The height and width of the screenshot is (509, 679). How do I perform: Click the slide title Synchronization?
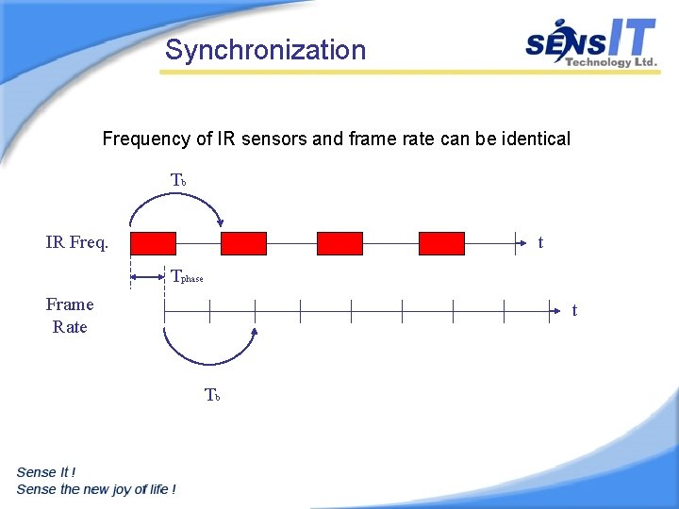(x=265, y=50)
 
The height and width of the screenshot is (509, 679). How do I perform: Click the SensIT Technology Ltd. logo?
(x=590, y=43)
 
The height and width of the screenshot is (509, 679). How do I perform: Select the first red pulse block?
(x=153, y=243)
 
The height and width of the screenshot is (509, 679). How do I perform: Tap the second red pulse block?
(x=243, y=243)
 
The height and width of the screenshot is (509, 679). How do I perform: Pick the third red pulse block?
(x=339, y=243)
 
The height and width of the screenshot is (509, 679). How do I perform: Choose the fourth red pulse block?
(x=441, y=243)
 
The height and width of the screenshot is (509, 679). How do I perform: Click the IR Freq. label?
(x=77, y=243)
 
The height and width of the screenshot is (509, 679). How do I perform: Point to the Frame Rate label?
(x=70, y=316)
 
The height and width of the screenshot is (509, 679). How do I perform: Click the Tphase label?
(x=186, y=277)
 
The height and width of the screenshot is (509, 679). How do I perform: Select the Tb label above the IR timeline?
(x=178, y=180)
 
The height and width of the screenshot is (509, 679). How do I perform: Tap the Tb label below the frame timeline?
(x=212, y=395)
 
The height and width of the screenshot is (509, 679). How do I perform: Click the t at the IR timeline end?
(x=540, y=243)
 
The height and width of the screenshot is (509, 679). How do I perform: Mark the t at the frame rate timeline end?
(x=574, y=310)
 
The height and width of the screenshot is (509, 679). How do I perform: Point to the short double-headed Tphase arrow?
(x=147, y=276)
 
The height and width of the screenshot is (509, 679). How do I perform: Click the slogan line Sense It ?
(x=46, y=472)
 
